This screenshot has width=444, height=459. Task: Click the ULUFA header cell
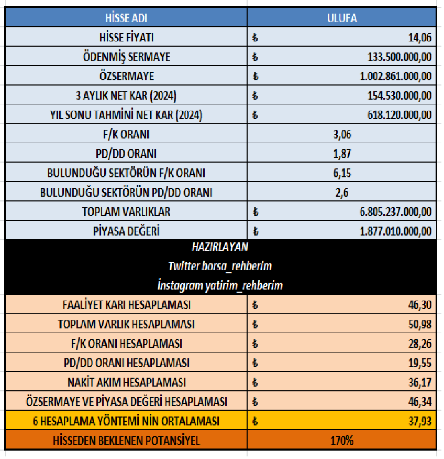click(341, 18)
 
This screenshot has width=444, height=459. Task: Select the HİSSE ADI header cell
click(126, 18)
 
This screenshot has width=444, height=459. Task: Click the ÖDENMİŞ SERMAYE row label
click(126, 57)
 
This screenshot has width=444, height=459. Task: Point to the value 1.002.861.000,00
click(396, 76)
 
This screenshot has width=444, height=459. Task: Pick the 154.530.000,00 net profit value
click(399, 95)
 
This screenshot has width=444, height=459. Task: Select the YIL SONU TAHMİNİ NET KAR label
click(126, 115)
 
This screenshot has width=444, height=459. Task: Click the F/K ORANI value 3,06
click(341, 134)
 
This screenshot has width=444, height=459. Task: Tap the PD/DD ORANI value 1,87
click(341, 154)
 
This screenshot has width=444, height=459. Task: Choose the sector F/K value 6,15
click(341, 173)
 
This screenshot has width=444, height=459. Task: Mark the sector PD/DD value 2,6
click(341, 193)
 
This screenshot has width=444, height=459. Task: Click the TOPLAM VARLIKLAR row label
click(126, 212)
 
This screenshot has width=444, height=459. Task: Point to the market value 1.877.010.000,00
click(396, 231)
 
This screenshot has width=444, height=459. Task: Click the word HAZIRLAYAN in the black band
click(220, 247)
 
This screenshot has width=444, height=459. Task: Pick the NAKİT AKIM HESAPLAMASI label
click(126, 382)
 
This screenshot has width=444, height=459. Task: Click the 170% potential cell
click(341, 440)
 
